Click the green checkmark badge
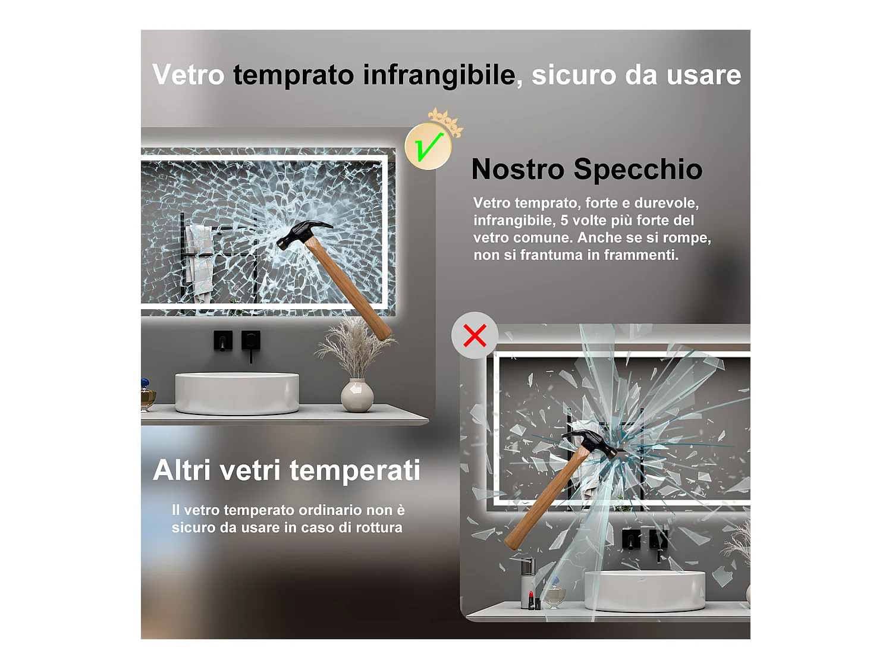pyautogui.click(x=428, y=146)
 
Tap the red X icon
pyautogui.click(x=475, y=335)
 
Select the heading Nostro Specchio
pyautogui.click(x=586, y=169)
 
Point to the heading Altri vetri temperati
pyautogui.click(x=286, y=470)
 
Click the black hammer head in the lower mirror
pyautogui.click(x=592, y=441)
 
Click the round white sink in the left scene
pyautogui.click(x=237, y=392)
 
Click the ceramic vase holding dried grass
pyautogui.click(x=357, y=395)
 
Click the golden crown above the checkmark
pyautogui.click(x=445, y=121)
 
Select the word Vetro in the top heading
pyautogui.click(x=188, y=76)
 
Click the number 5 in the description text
pyautogui.click(x=564, y=221)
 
